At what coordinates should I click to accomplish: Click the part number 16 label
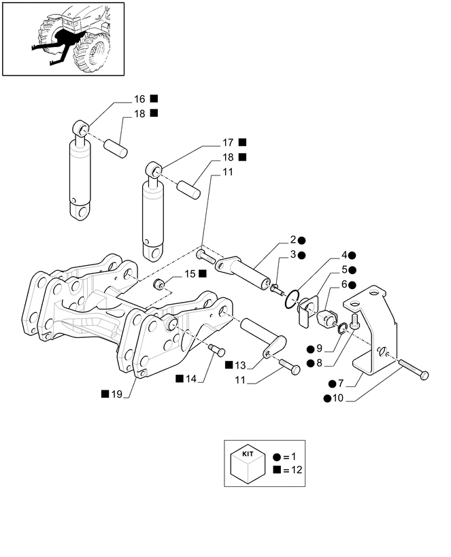pyautogui.click(x=139, y=99)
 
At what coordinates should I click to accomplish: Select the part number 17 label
pyautogui.click(x=228, y=143)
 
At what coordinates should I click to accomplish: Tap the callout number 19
pyautogui.click(x=116, y=394)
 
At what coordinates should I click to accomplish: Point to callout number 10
pyautogui.click(x=338, y=399)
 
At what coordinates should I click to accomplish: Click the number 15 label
pyautogui.click(x=190, y=274)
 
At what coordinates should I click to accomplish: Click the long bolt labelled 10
pyautogui.click(x=414, y=369)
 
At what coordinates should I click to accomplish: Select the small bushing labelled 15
pyautogui.click(x=158, y=284)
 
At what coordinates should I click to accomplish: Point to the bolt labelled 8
pyautogui.click(x=354, y=321)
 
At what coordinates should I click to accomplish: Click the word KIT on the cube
pyautogui.click(x=248, y=454)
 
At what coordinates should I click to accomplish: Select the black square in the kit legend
pyautogui.click(x=277, y=470)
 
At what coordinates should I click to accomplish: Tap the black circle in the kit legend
pyautogui.click(x=277, y=457)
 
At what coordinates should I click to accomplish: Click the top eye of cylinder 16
pyautogui.click(x=82, y=128)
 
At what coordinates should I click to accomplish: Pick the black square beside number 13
pyautogui.click(x=229, y=365)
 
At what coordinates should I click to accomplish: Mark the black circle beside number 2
pyautogui.click(x=302, y=241)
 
